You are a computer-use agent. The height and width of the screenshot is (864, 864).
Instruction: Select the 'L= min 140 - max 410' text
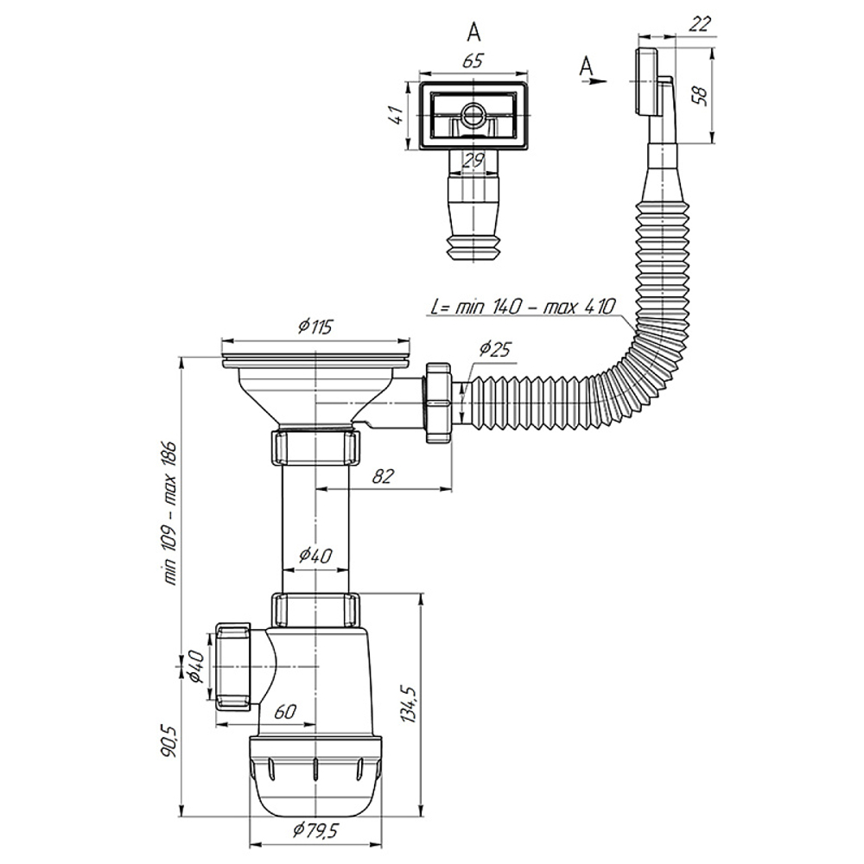click(521, 307)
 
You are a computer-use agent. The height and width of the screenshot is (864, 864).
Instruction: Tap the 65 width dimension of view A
click(473, 61)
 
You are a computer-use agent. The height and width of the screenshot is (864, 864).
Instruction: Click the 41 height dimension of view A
click(396, 116)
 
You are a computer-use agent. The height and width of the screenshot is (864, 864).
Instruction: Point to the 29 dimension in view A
click(471, 160)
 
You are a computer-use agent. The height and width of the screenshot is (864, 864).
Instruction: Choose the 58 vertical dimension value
click(723, 95)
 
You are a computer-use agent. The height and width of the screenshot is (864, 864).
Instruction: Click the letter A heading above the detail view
click(473, 32)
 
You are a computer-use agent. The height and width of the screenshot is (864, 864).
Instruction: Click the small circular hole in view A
click(472, 115)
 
